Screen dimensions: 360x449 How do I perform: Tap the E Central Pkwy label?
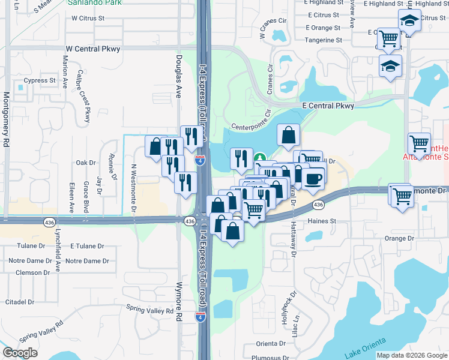(x=328, y=106)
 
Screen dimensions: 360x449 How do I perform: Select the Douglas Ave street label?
(x=178, y=77)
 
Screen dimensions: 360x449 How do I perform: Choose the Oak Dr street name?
(x=86, y=163)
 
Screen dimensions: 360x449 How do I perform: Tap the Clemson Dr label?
(x=33, y=272)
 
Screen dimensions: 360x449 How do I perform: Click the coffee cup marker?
(x=313, y=178)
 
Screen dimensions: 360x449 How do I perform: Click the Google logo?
(x=20, y=353)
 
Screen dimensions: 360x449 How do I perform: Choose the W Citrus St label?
(x=88, y=19)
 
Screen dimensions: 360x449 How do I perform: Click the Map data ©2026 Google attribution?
(x=411, y=355)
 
